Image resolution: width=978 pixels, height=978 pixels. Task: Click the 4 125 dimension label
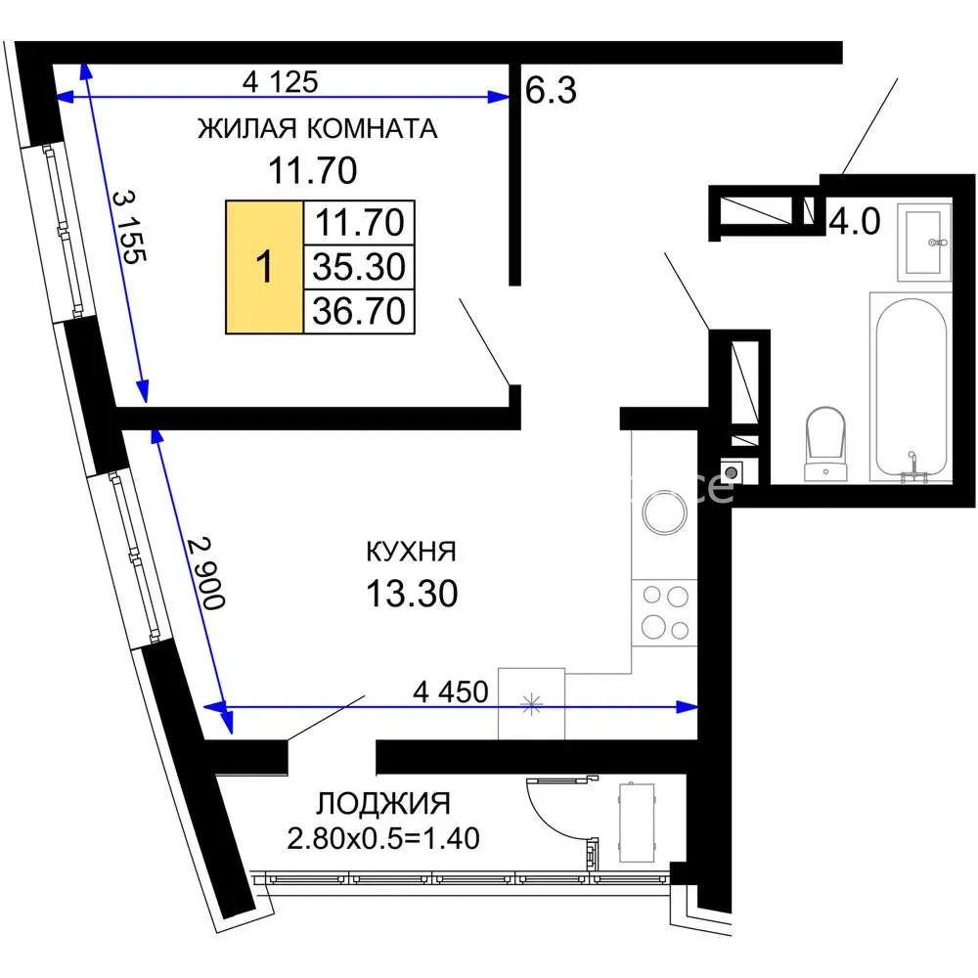280,82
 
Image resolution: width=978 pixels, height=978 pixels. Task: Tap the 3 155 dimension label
130,227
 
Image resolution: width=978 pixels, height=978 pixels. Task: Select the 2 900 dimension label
205,572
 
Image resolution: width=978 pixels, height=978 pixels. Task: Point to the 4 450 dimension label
450,691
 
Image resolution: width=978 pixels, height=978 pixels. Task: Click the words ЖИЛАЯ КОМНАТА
318,128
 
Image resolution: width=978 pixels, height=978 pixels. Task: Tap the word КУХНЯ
411,552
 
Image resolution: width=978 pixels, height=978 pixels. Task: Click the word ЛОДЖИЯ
383,803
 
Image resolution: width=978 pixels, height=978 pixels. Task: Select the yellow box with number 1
264,267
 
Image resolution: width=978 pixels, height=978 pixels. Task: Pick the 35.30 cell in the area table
359,266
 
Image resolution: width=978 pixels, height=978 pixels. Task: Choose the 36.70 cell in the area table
359,311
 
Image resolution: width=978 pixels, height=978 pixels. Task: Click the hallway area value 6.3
551,90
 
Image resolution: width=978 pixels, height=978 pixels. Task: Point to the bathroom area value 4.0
855,221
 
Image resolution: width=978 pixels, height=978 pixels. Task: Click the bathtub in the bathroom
911,386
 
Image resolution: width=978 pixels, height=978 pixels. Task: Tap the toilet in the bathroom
825,443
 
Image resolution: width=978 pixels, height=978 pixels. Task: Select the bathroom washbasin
924,241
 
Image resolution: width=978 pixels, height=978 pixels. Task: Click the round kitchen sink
665,512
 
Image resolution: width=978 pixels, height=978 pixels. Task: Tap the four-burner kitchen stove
664,612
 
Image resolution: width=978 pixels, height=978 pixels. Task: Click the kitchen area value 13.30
412,594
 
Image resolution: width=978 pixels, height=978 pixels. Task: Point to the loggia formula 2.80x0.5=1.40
383,838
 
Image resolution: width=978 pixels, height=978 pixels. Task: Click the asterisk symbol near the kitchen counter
531,705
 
